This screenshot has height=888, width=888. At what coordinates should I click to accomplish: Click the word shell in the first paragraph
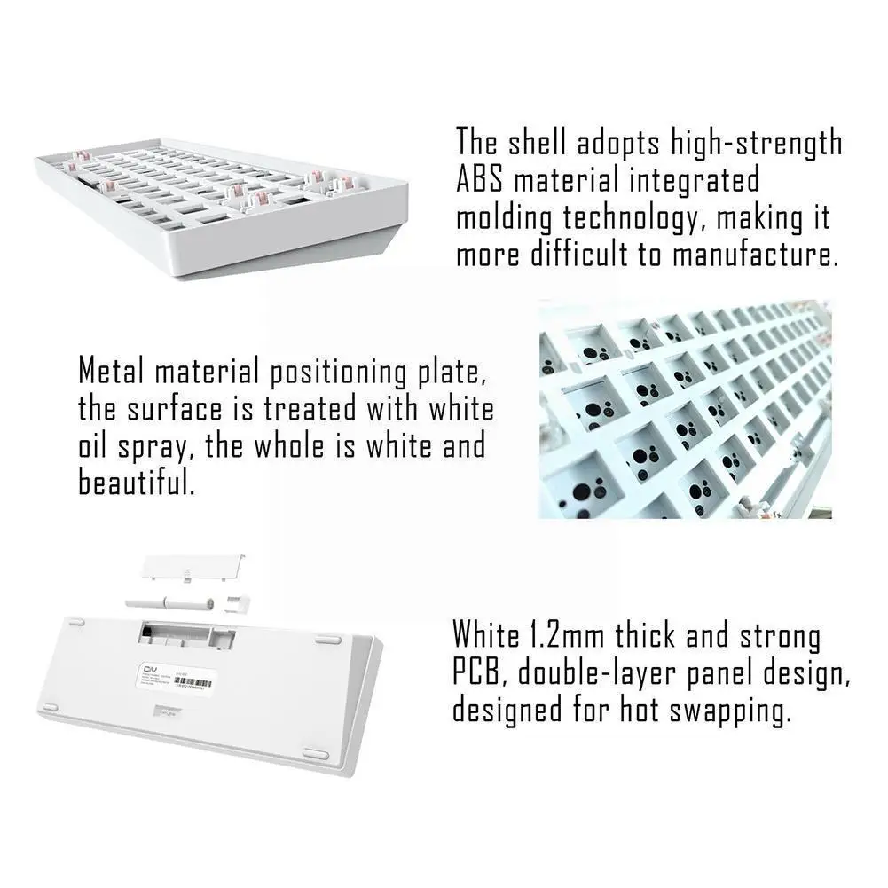click(x=543, y=142)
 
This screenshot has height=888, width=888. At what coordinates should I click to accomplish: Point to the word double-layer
click(x=604, y=673)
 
